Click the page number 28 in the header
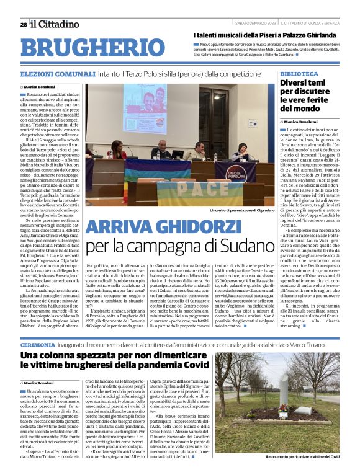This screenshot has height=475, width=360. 24,24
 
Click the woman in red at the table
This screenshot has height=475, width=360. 115,151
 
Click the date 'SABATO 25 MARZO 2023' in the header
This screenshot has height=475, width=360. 255,24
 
